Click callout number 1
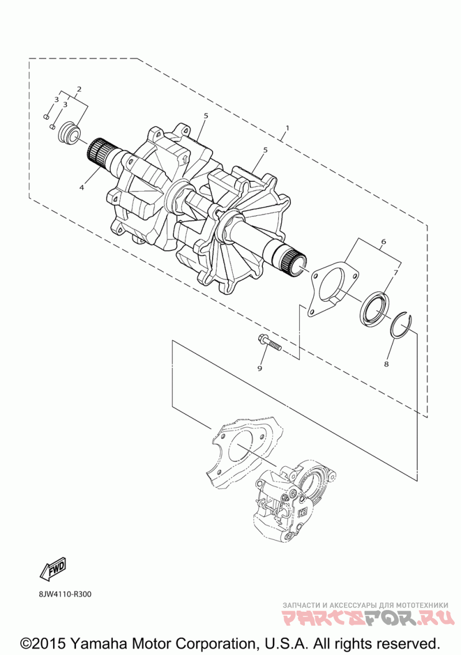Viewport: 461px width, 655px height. [287, 128]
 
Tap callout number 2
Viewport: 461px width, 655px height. [79, 89]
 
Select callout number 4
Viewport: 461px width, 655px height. [82, 188]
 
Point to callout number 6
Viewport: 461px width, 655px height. [383, 242]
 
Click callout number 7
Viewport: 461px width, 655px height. [396, 272]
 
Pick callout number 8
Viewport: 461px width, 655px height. [386, 364]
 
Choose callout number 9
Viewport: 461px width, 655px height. [260, 367]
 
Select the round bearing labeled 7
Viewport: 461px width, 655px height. [375, 309]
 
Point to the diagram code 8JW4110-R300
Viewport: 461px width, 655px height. [66, 594]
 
